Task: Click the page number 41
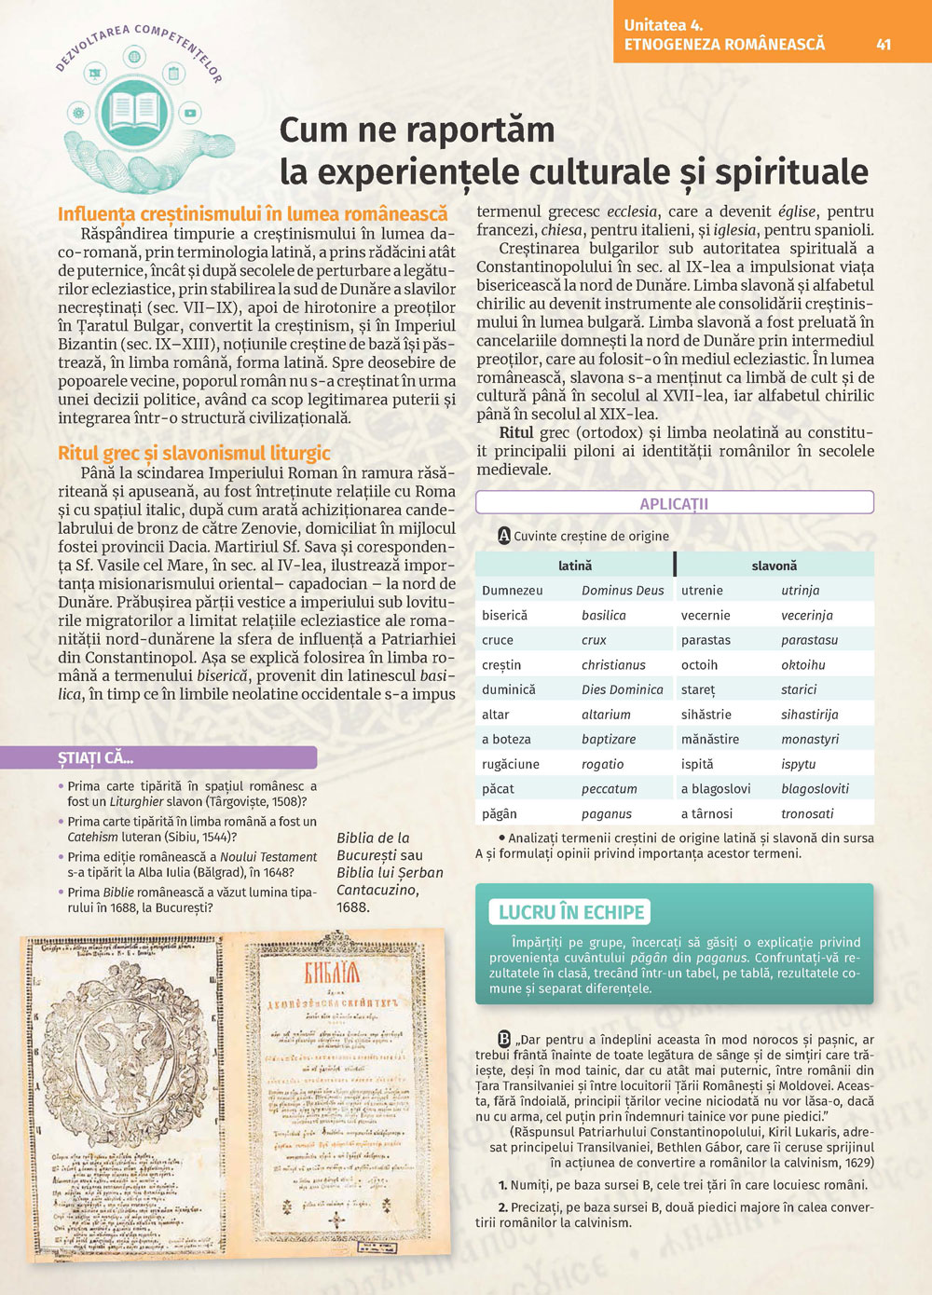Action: pos(884,44)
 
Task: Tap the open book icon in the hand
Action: pos(134,111)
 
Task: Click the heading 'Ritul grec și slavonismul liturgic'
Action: pos(194,454)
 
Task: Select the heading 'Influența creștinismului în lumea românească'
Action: pos(253,214)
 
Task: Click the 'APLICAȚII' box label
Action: pos(674,504)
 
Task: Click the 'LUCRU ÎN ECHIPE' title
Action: pos(571,912)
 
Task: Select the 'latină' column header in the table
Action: pos(575,566)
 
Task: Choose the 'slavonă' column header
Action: pos(774,566)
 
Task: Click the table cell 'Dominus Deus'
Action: pos(623,591)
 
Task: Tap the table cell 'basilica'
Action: pos(604,616)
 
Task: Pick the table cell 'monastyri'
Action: pos(810,740)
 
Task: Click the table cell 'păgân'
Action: pos(500,814)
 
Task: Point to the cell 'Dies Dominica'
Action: pos(623,690)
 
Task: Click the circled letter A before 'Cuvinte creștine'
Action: pos(504,536)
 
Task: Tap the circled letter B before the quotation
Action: pos(504,1040)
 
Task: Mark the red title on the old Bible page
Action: pos(333,975)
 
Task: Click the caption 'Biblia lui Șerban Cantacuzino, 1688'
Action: pos(390,872)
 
